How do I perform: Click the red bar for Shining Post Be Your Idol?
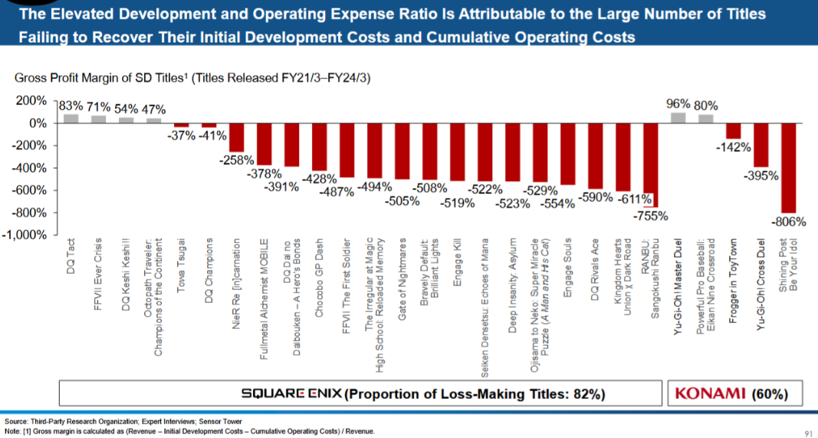pyautogui.click(x=788, y=168)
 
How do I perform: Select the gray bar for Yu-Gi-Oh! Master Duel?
pyautogui.click(x=678, y=118)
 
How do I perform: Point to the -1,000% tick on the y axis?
pyautogui.click(x=28, y=235)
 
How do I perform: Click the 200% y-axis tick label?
pyautogui.click(x=33, y=101)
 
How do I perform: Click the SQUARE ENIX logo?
pyautogui.click(x=293, y=394)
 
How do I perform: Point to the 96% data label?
pyautogui.click(x=678, y=104)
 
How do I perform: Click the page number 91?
pyautogui.click(x=806, y=431)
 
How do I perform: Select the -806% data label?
pyautogui.click(x=790, y=222)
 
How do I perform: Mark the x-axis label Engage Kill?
pyautogui.click(x=458, y=265)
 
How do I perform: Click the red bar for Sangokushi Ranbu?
pyautogui.click(x=652, y=165)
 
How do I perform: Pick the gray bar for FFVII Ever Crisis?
pyautogui.click(x=99, y=119)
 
